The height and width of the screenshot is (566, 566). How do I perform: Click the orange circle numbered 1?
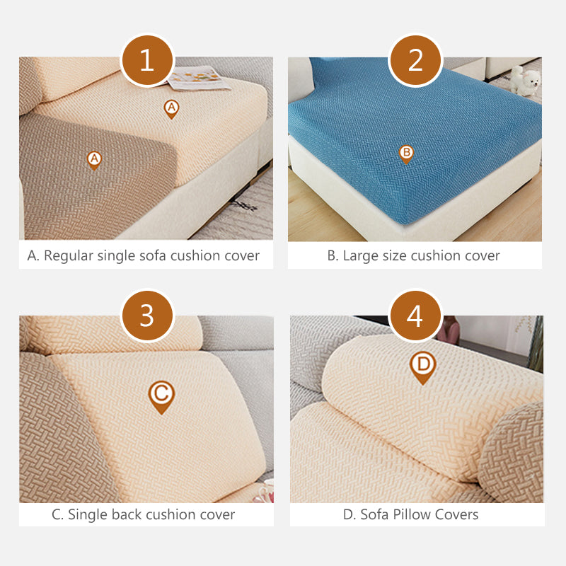click(x=146, y=60)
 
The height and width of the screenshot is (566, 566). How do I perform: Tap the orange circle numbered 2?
click(x=415, y=60)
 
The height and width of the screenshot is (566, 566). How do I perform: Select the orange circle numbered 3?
click(x=146, y=316)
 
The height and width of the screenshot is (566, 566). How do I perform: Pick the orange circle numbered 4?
click(x=415, y=316)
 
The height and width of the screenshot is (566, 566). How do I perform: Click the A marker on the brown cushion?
click(x=93, y=159)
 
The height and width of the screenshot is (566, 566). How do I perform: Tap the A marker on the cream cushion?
click(x=171, y=108)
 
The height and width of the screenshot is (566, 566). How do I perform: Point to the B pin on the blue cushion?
click(x=406, y=153)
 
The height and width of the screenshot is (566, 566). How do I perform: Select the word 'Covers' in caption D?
click(x=457, y=514)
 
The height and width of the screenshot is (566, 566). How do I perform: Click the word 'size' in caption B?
click(x=395, y=255)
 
